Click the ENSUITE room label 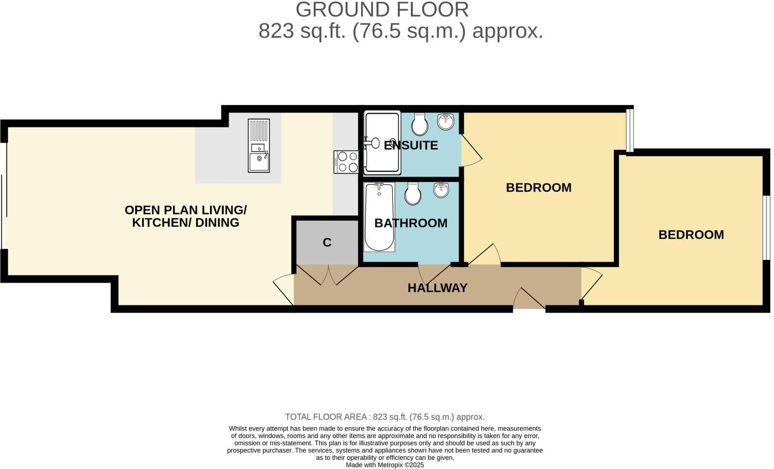pyautogui.click(x=411, y=145)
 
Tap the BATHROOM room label pyautogui.click(x=411, y=223)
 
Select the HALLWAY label pyautogui.click(x=437, y=288)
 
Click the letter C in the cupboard pyautogui.click(x=327, y=242)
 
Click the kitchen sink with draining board pyautogui.click(x=259, y=145)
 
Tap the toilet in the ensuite pyautogui.click(x=419, y=125)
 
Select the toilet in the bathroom pyautogui.click(x=413, y=194)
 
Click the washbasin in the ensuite pyautogui.click(x=446, y=122)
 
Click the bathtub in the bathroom pyautogui.click(x=379, y=217)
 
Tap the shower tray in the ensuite pyautogui.click(x=382, y=142)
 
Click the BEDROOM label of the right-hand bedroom pyautogui.click(x=691, y=234)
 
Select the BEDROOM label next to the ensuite pyautogui.click(x=538, y=187)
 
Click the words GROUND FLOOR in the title pyautogui.click(x=382, y=10)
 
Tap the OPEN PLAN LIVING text pyautogui.click(x=185, y=210)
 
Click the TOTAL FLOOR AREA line pyautogui.click(x=385, y=417)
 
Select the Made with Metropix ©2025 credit pyautogui.click(x=385, y=465)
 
